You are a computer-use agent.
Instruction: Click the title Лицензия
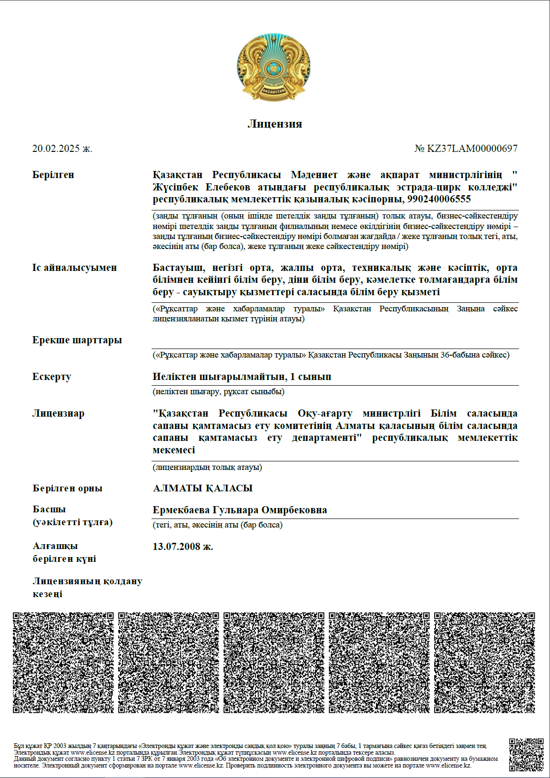click(275, 124)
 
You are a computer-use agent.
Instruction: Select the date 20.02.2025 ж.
click(62, 149)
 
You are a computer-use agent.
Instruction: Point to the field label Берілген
click(53, 175)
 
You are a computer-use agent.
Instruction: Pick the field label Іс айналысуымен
click(74, 268)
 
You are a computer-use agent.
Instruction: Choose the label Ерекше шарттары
click(77, 340)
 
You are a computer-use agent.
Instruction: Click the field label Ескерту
click(51, 377)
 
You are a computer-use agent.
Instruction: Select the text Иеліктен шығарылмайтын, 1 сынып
click(242, 377)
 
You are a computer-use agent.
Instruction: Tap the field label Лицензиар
click(58, 413)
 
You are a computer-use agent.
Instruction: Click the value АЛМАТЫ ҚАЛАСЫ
click(203, 488)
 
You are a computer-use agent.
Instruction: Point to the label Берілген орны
click(67, 488)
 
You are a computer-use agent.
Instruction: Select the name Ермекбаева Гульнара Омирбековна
click(240, 510)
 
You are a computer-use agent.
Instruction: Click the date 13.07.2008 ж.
click(183, 547)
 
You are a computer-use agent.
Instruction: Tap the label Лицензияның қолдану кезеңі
click(87, 588)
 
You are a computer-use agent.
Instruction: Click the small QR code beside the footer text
click(526, 755)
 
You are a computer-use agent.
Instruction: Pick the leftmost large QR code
click(63, 663)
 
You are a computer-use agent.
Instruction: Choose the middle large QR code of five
click(274, 663)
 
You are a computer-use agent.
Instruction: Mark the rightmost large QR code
click(485, 663)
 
